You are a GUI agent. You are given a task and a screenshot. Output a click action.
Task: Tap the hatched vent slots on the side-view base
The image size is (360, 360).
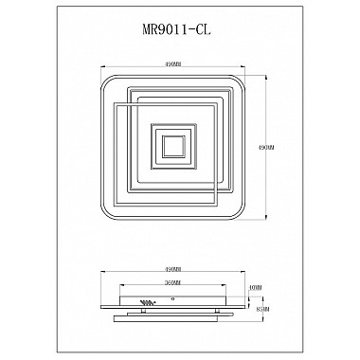click(148, 303)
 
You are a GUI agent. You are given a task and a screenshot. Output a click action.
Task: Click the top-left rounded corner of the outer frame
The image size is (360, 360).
click(102, 77)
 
